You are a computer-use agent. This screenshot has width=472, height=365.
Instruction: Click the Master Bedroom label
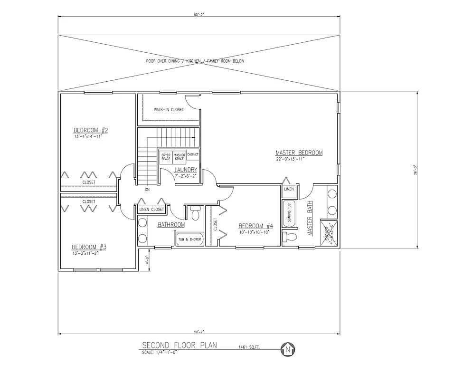point(299,153)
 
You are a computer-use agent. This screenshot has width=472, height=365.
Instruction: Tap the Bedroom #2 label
point(91,130)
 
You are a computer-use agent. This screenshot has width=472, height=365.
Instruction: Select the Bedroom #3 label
point(89,247)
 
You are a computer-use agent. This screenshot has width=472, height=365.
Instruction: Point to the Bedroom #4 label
point(255,226)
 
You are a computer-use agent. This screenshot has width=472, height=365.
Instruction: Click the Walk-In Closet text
point(169,110)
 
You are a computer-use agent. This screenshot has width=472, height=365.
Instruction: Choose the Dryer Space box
point(166,156)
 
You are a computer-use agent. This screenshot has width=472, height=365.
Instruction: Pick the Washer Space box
point(179,156)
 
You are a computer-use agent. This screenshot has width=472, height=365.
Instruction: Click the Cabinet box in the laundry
point(193,154)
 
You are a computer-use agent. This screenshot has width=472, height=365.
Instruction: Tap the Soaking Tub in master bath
point(289,215)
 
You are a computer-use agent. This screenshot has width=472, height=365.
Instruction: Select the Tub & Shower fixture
point(189,240)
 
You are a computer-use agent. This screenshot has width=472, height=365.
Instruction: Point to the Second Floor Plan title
point(179,346)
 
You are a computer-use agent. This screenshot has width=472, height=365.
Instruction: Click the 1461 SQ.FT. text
point(249,347)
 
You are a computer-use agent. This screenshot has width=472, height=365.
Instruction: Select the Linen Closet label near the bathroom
point(151,210)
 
